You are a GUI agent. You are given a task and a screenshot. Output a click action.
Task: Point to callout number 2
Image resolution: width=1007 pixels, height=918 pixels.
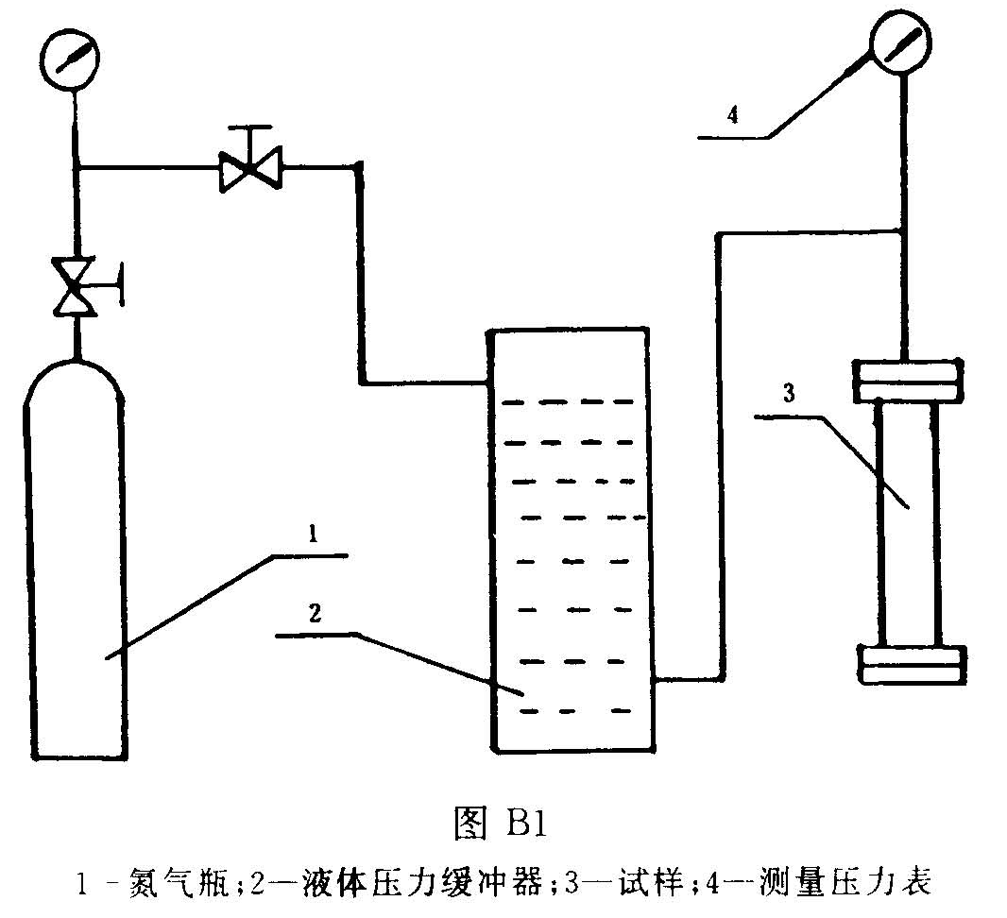click(x=315, y=613)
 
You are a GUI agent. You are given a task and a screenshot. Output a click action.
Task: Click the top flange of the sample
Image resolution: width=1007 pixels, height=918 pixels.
click(x=907, y=379)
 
